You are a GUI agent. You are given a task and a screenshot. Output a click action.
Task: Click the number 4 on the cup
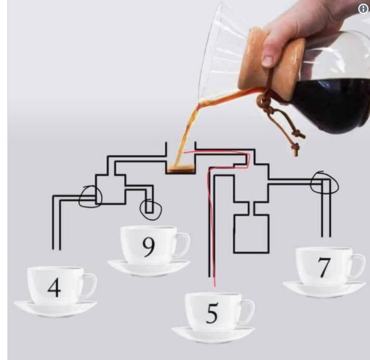[x=54, y=288]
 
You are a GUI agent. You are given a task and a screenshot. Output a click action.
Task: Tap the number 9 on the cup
[x=149, y=247]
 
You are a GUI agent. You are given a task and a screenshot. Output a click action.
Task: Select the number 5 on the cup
[x=212, y=313]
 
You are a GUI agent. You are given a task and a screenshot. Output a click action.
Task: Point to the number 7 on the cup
[x=324, y=267]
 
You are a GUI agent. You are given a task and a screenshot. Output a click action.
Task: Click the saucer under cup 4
[x=55, y=309]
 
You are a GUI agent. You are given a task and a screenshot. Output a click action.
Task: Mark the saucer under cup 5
[x=213, y=335]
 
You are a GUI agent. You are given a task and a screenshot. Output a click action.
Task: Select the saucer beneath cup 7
[x=324, y=289]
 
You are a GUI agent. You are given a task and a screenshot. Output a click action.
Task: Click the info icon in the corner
[x=363, y=9]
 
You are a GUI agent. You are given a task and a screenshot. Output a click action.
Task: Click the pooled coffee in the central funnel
[x=181, y=168]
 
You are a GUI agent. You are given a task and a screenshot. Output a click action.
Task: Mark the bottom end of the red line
[x=215, y=287]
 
